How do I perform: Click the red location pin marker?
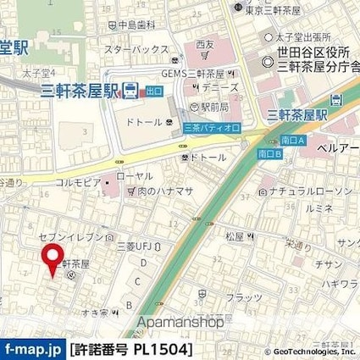[x=53, y=258]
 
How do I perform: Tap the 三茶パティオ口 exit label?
[x=213, y=127]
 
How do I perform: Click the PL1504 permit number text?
[x=161, y=348]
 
